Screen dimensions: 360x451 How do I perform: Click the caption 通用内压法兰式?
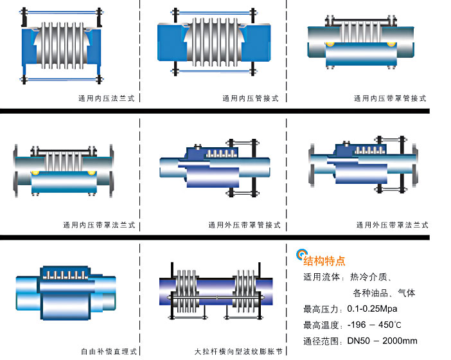[x=106, y=98]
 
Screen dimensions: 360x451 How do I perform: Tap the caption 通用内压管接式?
[x=251, y=98]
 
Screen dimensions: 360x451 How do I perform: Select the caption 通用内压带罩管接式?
[x=390, y=98]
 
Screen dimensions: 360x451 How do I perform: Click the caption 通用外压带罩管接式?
[x=245, y=225]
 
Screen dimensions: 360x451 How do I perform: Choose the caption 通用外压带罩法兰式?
[x=393, y=225]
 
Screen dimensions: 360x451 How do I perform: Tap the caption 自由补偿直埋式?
[x=109, y=352]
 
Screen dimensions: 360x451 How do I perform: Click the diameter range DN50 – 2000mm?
[x=382, y=341]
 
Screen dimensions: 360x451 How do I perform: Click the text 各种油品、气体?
[x=384, y=293]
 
